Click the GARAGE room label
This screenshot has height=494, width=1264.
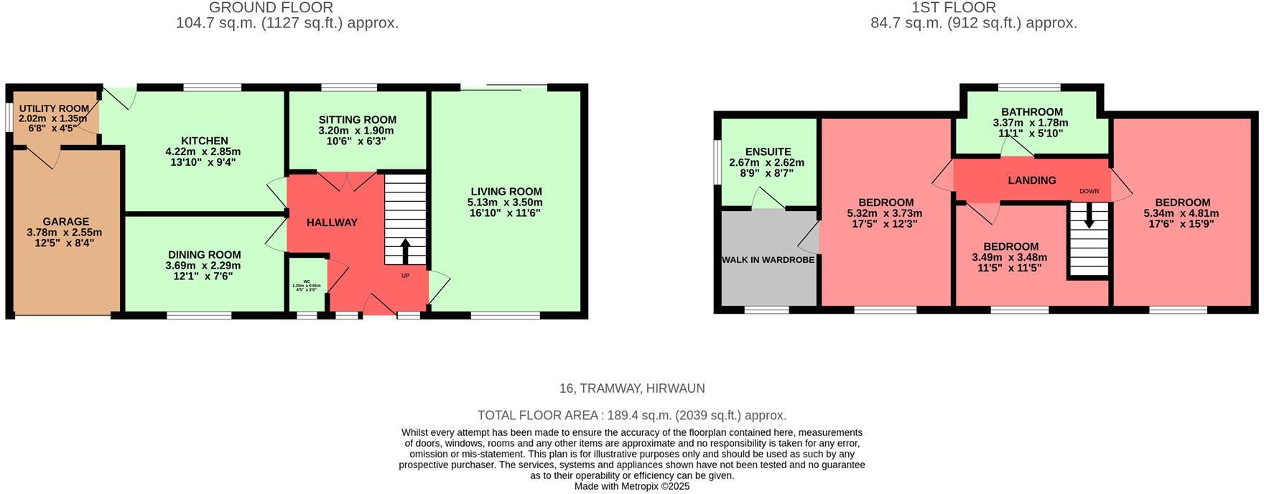click(65, 222)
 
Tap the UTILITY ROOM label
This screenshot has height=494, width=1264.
click(54, 109)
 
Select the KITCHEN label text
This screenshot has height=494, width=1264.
click(205, 141)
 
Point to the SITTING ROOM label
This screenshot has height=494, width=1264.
click(357, 120)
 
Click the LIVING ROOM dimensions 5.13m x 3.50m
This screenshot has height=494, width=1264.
click(506, 202)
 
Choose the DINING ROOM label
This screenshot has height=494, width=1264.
click(204, 255)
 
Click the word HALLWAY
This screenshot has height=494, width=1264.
click(332, 223)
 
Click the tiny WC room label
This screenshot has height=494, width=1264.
click(307, 281)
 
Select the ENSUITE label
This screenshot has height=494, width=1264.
click(768, 152)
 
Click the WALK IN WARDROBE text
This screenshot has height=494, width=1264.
click(768, 260)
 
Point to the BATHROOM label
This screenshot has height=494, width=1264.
click(1031, 112)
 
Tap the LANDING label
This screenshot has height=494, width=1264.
click(1031, 180)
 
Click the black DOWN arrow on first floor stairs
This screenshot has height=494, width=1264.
click(1089, 215)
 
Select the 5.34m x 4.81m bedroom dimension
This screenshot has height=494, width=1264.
click(1181, 213)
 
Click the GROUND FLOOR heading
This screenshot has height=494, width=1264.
click(271, 8)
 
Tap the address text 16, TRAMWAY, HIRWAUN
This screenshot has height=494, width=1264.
click(631, 388)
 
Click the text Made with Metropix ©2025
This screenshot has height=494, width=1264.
click(631, 486)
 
